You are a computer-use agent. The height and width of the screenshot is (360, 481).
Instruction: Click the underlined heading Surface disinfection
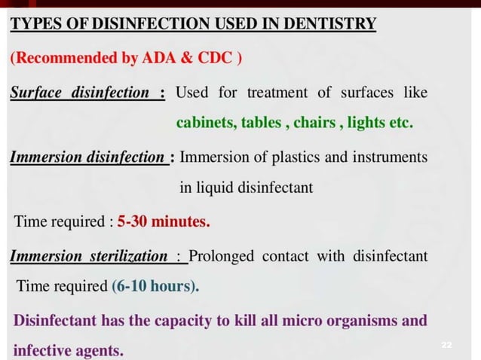80,93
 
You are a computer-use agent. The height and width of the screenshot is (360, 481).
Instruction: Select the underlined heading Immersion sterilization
89,256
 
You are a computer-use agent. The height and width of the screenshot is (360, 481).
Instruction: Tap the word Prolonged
222,256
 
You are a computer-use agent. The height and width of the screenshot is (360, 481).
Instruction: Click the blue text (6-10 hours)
156,286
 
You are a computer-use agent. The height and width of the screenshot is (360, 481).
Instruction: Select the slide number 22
446,344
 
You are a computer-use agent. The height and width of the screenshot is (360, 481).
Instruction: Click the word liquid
219,188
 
